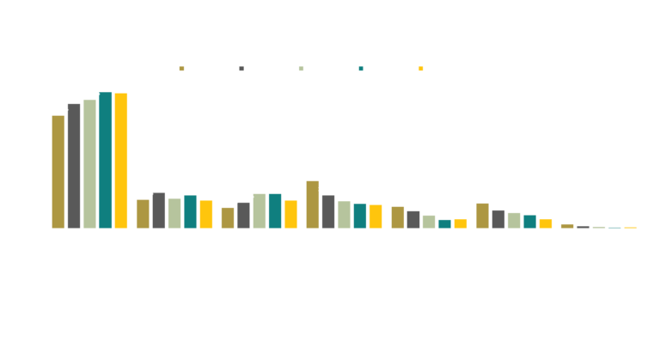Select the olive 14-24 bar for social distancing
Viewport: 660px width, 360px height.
pyautogui.click(x=58, y=171)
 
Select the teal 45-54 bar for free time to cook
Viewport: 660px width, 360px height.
pyautogui.click(x=274, y=211)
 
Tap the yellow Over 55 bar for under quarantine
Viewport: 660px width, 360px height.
pyautogui.click(x=546, y=223)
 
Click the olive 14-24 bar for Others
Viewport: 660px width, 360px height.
pyautogui.click(x=566, y=225)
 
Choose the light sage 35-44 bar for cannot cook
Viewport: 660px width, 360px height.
pyautogui.click(x=428, y=221)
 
